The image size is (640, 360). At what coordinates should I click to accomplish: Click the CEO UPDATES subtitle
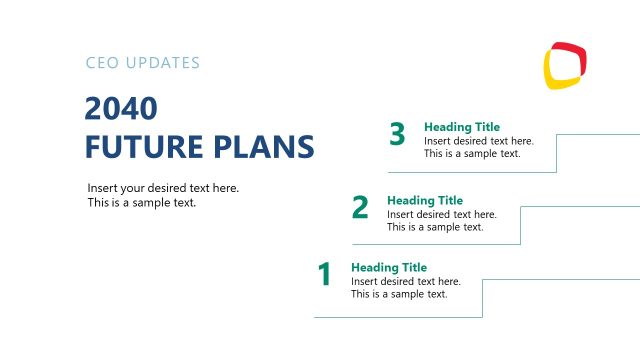(x=143, y=63)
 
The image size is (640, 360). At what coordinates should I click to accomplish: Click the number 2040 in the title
(x=121, y=108)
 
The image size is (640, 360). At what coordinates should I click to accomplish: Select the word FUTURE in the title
(x=142, y=146)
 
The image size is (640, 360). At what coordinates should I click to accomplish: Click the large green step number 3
(x=397, y=134)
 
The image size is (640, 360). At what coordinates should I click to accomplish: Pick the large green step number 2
(x=360, y=207)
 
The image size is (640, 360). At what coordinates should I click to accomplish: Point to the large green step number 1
(x=324, y=274)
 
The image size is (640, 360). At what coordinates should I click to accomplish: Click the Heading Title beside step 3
(x=461, y=127)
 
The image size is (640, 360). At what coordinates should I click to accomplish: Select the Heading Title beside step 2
(x=425, y=200)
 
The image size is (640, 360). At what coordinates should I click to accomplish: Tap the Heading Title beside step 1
(x=388, y=267)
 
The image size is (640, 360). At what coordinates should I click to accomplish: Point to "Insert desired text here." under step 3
(x=478, y=141)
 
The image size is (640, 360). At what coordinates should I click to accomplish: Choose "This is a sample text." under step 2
(x=435, y=227)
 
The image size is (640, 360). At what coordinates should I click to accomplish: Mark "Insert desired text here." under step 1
(x=405, y=281)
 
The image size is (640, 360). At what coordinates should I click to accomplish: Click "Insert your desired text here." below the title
(x=163, y=188)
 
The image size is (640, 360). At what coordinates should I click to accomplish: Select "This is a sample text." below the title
(x=141, y=202)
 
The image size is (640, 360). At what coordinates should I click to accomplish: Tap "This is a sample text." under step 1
(x=398, y=294)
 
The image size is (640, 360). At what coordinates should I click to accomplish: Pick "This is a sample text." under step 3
(x=472, y=154)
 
